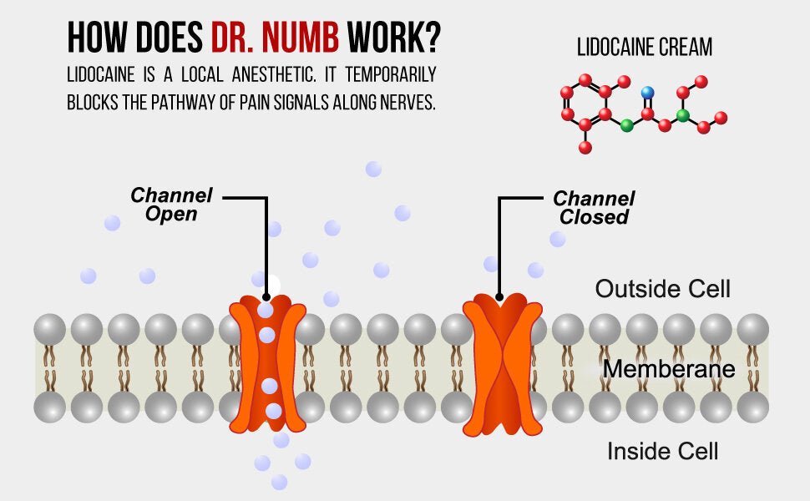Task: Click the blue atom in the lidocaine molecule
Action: pos(646,93)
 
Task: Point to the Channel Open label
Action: pos(172,205)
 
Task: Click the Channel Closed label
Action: pos(594,208)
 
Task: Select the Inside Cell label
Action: pos(662,452)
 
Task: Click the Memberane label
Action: pos(669,369)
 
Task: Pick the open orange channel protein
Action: pos(267,363)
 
